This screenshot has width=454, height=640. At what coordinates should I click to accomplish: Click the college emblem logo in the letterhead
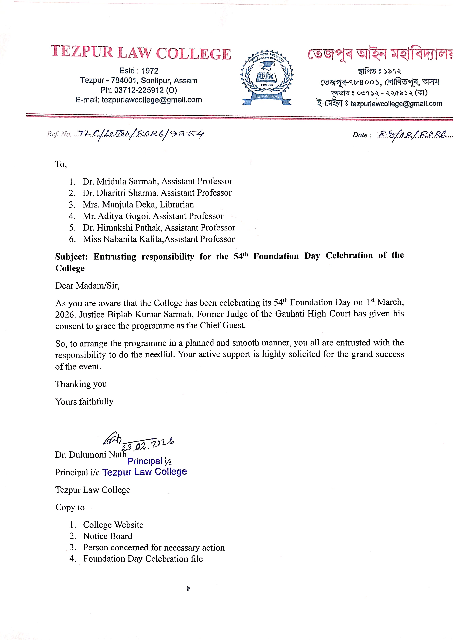[267, 77]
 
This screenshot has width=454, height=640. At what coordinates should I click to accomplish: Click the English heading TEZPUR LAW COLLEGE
[141, 53]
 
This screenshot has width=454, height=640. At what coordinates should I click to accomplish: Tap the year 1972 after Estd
[150, 71]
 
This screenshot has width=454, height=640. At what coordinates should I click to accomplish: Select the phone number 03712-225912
[139, 90]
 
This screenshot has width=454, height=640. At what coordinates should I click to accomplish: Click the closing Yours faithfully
[84, 402]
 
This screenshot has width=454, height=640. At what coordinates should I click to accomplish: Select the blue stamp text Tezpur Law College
[144, 472]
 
